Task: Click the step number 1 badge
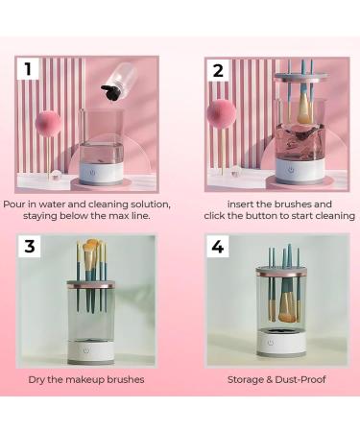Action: (x=29, y=69)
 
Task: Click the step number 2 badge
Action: (x=219, y=69)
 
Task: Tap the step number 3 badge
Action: (x=30, y=247)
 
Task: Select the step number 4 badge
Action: (x=219, y=247)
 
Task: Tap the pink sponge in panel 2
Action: (x=221, y=115)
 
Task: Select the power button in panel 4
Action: (x=270, y=342)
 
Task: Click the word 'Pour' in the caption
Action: (x=15, y=204)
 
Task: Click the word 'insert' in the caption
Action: (x=244, y=204)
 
